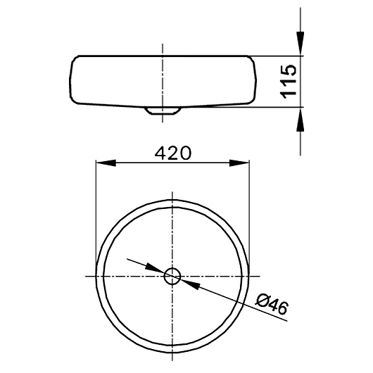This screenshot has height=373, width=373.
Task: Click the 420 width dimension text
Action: click(172, 153)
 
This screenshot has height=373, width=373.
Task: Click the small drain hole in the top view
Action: click(172, 276)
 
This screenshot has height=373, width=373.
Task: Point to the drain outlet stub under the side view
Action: click(163, 110)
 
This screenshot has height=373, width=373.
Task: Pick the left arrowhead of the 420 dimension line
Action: click(104, 163)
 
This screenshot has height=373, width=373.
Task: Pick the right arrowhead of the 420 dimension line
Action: click(241, 163)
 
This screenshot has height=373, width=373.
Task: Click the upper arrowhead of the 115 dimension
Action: click(301, 46)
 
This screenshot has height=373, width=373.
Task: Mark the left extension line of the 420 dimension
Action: click(95, 211)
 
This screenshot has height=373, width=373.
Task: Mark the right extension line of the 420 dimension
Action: click(250, 211)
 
